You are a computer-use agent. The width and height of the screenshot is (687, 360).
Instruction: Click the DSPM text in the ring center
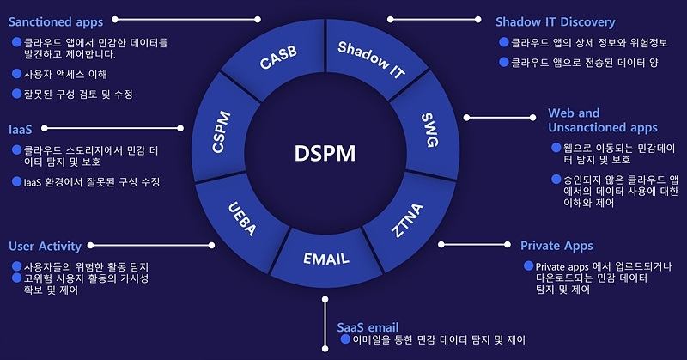[325, 153]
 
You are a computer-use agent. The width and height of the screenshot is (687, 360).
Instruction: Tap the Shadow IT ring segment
[371, 59]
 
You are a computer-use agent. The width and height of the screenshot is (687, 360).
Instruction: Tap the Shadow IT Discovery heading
[556, 22]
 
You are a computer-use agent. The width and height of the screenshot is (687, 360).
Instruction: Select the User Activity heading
[45, 246]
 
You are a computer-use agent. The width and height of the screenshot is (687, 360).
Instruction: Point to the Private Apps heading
[556, 246]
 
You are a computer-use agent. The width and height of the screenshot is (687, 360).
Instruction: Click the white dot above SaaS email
[325, 300]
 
